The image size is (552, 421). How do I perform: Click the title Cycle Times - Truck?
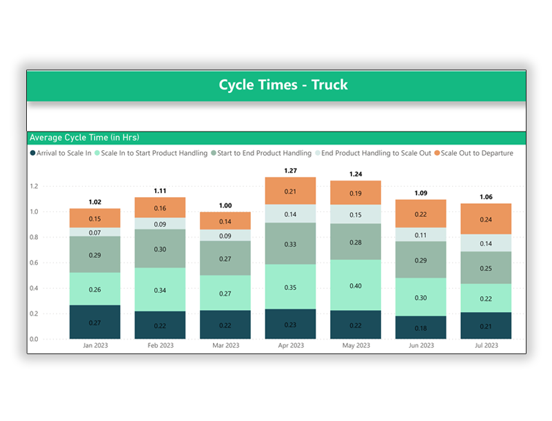point(283,85)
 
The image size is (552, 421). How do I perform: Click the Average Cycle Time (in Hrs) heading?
point(84,138)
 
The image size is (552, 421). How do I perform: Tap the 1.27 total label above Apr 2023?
point(290,170)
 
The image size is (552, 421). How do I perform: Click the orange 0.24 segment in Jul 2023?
point(485,219)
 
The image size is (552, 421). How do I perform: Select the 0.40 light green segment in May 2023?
point(355,285)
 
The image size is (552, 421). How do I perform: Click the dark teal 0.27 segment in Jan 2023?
point(95,322)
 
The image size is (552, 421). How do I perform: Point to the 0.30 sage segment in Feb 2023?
point(160,249)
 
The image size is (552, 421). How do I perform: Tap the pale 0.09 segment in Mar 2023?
point(225,236)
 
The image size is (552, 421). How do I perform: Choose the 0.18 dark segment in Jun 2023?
point(420,327)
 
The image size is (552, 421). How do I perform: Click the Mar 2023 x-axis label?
point(225,346)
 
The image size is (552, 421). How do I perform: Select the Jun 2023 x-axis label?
point(420,346)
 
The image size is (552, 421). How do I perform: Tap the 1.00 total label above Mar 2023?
point(225,205)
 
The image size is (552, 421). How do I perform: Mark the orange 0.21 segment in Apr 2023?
point(290,192)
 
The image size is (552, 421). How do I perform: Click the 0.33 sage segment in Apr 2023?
point(290,244)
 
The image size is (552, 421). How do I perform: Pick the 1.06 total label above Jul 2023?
point(485,196)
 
